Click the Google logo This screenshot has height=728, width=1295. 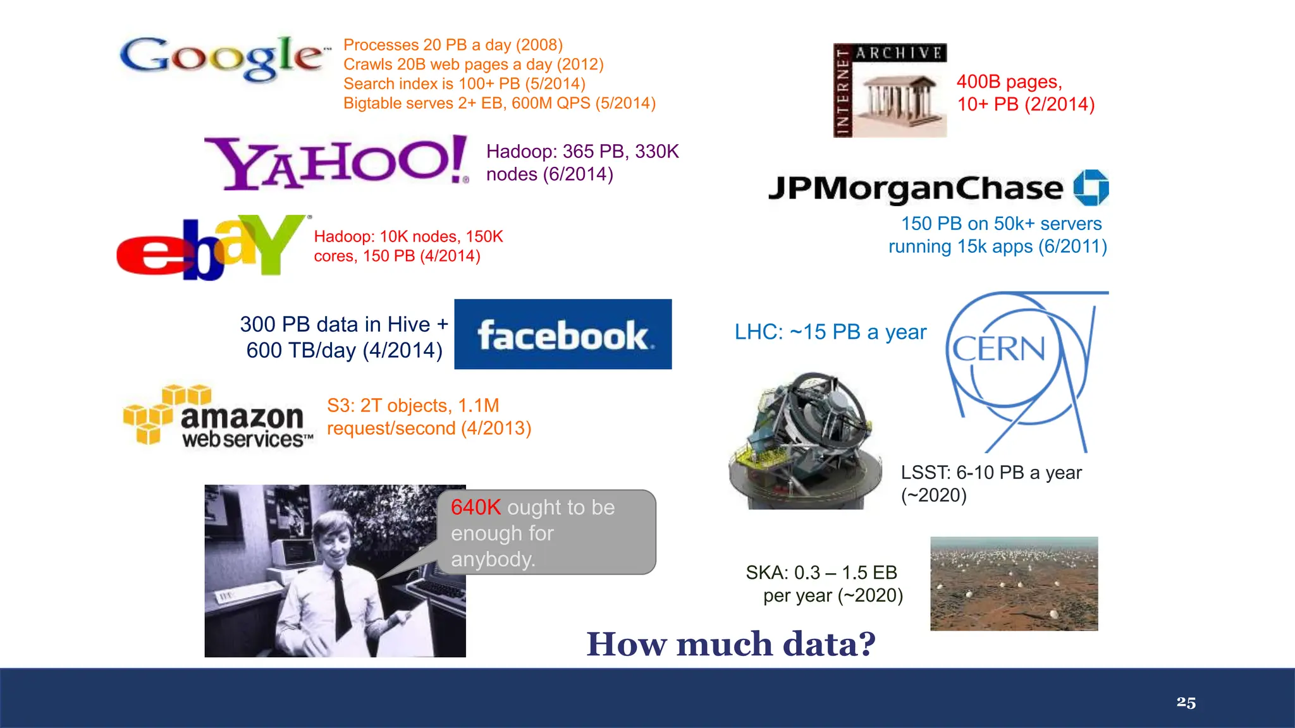pyautogui.click(x=223, y=58)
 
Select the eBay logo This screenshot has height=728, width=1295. pyautogui.click(x=211, y=247)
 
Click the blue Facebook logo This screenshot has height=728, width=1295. pyautogui.click(x=563, y=334)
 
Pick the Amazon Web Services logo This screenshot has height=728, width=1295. pyautogui.click(x=218, y=417)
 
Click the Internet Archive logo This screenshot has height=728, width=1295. pyautogui.click(x=890, y=90)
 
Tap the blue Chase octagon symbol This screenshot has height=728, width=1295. pyautogui.click(x=1091, y=188)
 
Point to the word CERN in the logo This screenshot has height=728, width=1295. pyautogui.click(x=999, y=349)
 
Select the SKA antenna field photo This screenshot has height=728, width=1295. pyautogui.click(x=1014, y=583)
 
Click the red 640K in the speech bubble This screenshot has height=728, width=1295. pyautogui.click(x=476, y=507)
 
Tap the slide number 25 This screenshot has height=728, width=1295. pyautogui.click(x=1186, y=702)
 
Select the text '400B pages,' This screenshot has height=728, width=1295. pyautogui.click(x=1009, y=82)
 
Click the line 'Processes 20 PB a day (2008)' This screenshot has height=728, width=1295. pyautogui.click(x=453, y=45)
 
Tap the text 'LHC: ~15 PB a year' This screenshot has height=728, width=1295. pyautogui.click(x=830, y=332)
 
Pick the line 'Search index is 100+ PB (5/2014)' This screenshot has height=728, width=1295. pyautogui.click(x=464, y=84)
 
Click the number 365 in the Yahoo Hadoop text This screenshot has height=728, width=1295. pyautogui.click(x=579, y=152)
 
